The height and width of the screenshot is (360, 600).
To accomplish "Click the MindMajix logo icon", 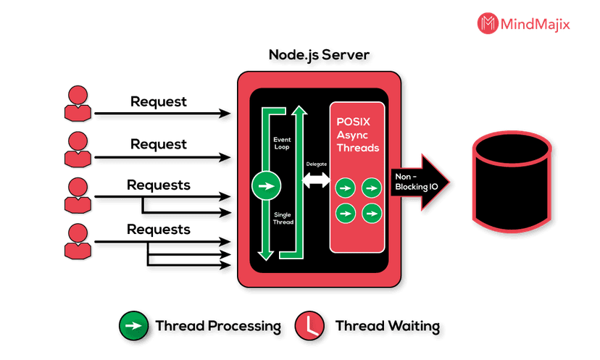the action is point(488,23).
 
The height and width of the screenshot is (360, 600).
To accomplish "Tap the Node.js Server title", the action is point(319,55).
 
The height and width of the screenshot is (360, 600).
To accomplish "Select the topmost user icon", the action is point(78,104).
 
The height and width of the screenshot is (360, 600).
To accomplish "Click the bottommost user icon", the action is point(78,242).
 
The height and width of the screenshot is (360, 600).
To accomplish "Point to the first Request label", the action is point(159,101).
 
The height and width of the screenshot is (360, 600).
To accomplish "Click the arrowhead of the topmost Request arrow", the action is point(225,113).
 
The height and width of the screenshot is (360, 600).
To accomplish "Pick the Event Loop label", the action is point(282,143).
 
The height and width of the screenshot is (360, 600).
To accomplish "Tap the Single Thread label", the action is point(283,218).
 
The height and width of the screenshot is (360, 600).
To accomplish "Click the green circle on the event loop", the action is point(267,185).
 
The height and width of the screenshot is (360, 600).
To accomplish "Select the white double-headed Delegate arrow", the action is point(316,180).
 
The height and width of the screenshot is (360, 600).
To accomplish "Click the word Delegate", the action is point(317,164).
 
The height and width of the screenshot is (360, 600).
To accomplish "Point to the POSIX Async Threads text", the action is point(357,135).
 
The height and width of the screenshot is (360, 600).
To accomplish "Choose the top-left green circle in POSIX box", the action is point(346,188).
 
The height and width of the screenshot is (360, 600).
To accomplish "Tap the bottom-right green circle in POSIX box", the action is point(372,213).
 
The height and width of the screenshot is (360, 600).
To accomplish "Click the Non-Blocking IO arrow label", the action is point(417,182).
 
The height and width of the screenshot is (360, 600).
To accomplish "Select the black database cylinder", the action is point(512,181).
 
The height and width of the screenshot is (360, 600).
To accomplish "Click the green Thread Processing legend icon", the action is point(133,325).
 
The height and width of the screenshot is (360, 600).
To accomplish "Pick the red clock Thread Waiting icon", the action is point(309,325).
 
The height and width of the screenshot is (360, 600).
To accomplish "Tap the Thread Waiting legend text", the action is point(387,326).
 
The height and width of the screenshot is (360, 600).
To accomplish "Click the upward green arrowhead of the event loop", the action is point(299,110).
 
